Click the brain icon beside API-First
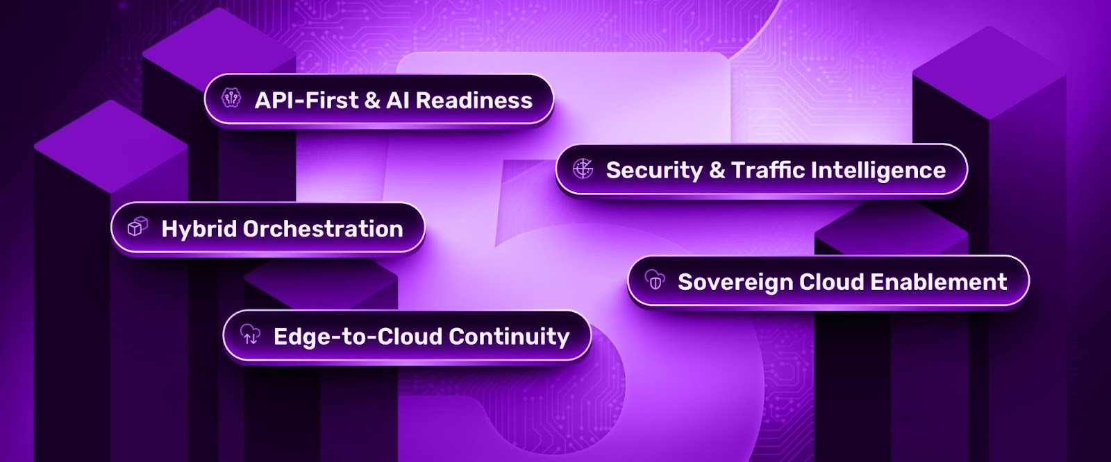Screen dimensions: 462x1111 coord(231,99)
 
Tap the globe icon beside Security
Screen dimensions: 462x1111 coord(583,169)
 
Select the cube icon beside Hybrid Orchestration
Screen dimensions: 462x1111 coord(138,227)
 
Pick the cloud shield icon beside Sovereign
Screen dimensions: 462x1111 coord(655,280)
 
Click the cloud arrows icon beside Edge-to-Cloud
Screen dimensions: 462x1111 coord(250,335)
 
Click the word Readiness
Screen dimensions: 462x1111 coord(474,101)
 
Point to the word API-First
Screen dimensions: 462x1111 coord(306,101)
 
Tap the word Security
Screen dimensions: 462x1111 coord(654,171)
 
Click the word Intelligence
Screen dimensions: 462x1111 coord(878,171)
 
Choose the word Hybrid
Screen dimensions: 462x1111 coord(199,229)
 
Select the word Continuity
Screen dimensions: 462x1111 coord(509,337)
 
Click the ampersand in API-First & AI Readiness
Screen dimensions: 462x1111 coord(372,101)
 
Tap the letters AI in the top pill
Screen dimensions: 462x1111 coord(397,101)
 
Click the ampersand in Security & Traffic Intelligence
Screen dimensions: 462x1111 coord(717,171)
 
